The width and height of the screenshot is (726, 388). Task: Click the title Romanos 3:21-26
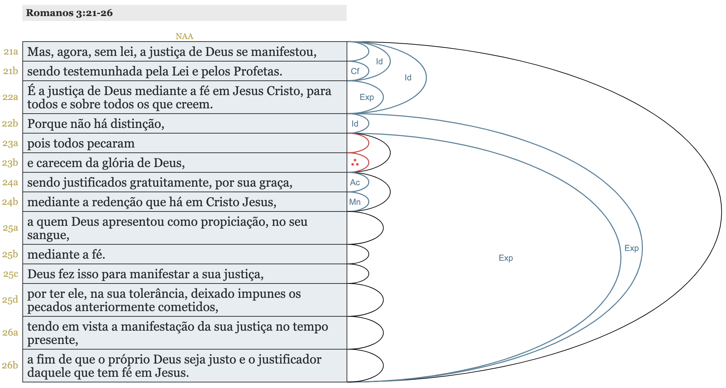[69, 13]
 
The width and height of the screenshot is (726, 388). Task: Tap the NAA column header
[184, 36]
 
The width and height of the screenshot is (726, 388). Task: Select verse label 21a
[11, 52]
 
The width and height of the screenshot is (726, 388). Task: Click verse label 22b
[10, 124]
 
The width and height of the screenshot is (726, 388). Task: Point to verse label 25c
[11, 274]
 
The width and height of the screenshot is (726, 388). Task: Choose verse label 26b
[10, 365]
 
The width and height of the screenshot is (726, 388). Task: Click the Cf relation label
[355, 71]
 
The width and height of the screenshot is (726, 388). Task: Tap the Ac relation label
[355, 182]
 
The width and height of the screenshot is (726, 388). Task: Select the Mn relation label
[355, 202]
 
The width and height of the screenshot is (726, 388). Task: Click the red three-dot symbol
[355, 163]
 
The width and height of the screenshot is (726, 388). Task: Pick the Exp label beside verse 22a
[366, 97]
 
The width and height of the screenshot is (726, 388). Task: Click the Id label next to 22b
[355, 124]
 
